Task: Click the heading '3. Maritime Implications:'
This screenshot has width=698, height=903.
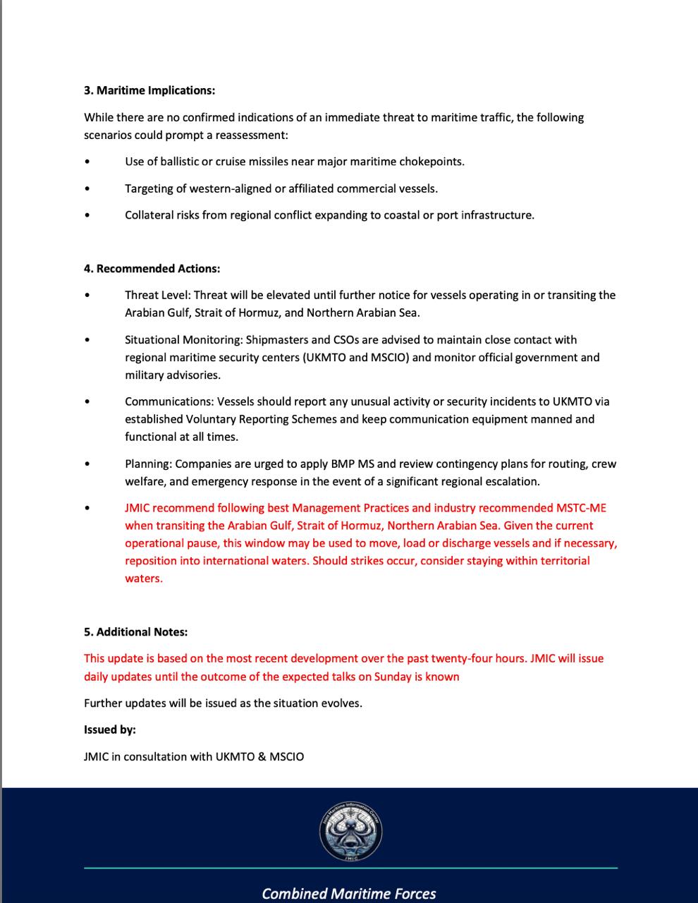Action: [149, 90]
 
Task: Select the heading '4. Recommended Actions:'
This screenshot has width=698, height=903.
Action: [152, 268]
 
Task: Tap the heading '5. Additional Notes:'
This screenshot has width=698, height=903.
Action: [135, 631]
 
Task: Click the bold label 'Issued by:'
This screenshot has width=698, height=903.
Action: [110, 729]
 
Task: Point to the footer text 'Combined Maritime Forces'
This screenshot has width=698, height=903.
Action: [349, 893]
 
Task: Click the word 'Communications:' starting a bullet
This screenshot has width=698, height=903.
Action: [169, 401]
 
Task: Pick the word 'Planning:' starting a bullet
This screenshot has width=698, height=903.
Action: [148, 463]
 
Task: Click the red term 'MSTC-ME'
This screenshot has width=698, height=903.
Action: [581, 508]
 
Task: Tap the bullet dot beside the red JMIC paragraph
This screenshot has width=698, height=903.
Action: [87, 508]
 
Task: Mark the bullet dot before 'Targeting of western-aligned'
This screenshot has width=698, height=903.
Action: [87, 188]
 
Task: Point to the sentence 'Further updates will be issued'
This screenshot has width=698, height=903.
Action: [223, 703]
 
